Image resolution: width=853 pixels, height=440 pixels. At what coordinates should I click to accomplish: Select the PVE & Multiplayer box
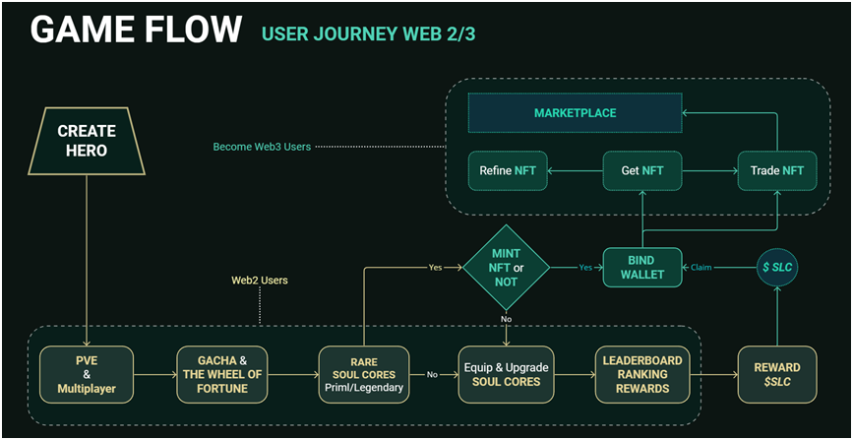[x=87, y=374]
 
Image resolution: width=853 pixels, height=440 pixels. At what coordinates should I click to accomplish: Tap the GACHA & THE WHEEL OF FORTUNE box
[x=223, y=374]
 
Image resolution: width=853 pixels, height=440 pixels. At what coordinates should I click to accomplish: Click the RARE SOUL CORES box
[x=364, y=374]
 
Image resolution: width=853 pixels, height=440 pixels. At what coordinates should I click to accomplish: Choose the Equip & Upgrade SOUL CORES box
[x=506, y=374]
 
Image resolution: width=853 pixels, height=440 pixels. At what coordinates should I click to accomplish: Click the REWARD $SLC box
[x=777, y=374]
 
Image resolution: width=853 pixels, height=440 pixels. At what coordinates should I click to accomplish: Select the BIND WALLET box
[x=642, y=268]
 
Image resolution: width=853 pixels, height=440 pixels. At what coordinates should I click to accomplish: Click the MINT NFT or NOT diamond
[x=506, y=267]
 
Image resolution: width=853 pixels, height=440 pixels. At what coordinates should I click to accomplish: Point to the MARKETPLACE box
[x=575, y=113]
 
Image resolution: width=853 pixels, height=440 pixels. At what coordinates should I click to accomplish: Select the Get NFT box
[x=641, y=171]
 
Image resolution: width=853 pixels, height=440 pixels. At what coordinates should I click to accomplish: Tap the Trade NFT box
[x=778, y=171]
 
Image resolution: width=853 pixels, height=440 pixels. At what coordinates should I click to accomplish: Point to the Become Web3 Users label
[x=262, y=147]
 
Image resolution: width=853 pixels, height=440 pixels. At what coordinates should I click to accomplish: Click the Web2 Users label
[x=259, y=281]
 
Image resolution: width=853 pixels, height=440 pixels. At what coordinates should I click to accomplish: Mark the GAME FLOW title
[x=136, y=30]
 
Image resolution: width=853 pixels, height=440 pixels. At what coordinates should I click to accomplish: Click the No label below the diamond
[x=506, y=320]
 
